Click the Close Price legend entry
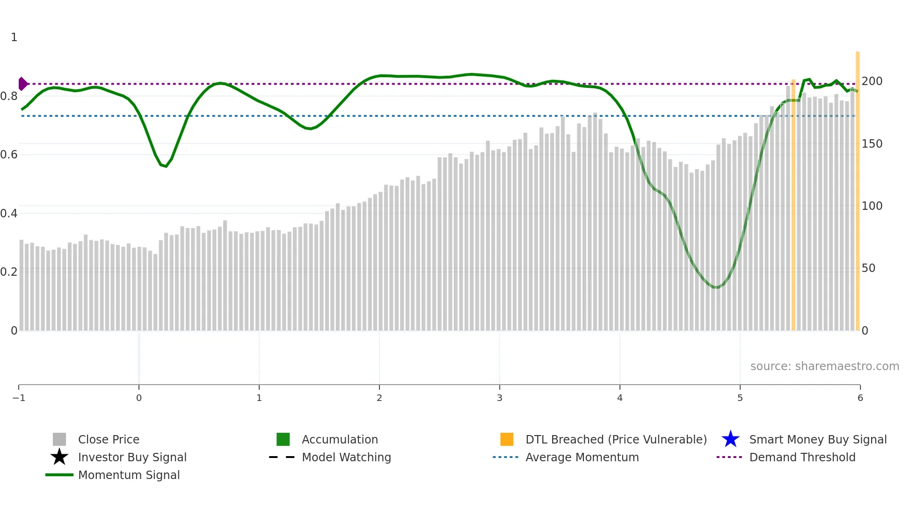coord(108,440)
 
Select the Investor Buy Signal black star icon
coord(59,457)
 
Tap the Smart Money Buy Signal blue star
coord(730,439)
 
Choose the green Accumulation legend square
coord(283,439)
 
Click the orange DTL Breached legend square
coord(507,439)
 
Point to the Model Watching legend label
coord(346,458)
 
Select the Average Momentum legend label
coord(582,458)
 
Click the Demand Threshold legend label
coord(802,458)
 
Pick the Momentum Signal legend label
coord(129,475)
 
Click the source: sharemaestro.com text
coord(824,366)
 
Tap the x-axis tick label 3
coord(500,398)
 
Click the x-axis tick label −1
coord(19,398)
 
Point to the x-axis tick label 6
coord(860,398)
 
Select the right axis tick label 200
coord(872,81)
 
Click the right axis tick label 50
coord(868,268)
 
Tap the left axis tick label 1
coord(14,37)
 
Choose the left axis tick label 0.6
coord(9,155)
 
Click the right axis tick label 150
coord(872,144)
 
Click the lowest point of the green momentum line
coord(716,287)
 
